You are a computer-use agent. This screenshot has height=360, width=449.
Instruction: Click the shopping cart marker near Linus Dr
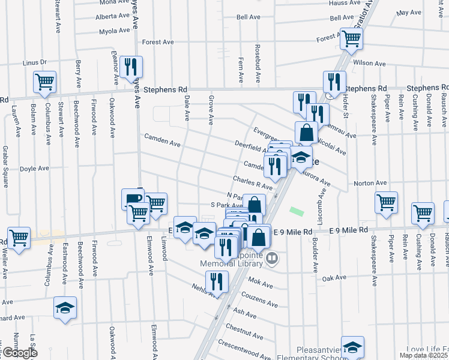point(44,82)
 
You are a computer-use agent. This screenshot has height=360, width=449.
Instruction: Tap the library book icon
point(273,259)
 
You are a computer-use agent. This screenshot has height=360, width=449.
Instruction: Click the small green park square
point(295,212)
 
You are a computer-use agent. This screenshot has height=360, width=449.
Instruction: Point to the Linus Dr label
point(34,62)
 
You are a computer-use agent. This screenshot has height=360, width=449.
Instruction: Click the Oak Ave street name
point(334,278)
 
